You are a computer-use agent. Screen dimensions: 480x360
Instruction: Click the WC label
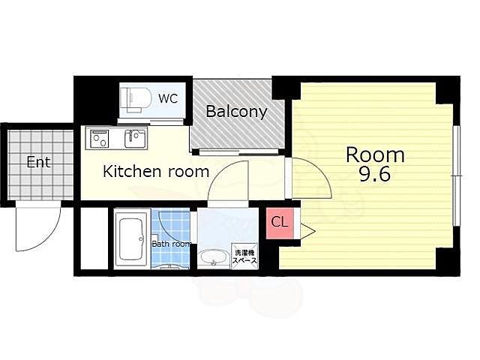point(168,98)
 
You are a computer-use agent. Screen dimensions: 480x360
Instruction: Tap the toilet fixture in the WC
point(135,98)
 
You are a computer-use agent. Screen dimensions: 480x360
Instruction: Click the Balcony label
point(236,112)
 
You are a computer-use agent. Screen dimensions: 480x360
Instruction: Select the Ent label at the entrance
point(38,162)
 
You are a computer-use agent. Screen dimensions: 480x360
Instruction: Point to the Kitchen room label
point(156,171)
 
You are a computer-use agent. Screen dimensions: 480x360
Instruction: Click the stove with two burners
point(100,138)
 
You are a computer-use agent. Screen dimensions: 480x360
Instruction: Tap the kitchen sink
point(135,138)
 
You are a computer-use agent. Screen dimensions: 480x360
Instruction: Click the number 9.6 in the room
point(375,175)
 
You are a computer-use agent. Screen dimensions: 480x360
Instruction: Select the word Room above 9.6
point(375,155)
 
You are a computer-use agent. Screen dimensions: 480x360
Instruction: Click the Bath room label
point(172,244)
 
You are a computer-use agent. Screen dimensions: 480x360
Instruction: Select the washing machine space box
point(244,256)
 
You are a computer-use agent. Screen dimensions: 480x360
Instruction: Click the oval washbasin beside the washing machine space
point(213,258)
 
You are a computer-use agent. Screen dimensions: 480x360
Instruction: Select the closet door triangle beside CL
point(307,231)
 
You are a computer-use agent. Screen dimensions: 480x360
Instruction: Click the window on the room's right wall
point(457,176)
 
